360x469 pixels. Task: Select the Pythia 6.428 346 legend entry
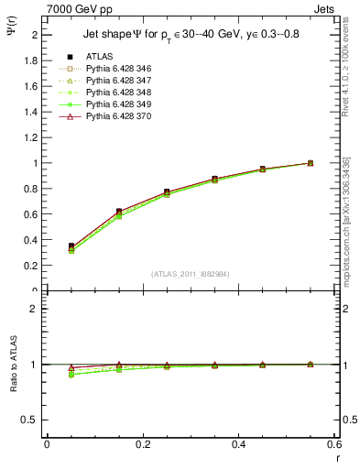click(x=115, y=69)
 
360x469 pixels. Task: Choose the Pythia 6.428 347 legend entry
click(x=115, y=81)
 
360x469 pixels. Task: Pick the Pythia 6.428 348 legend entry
click(x=115, y=93)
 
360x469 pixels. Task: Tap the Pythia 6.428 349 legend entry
click(x=115, y=104)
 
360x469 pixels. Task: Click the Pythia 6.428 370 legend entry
click(x=115, y=116)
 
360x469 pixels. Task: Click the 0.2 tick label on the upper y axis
click(x=32, y=266)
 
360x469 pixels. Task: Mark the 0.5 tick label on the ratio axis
click(x=32, y=420)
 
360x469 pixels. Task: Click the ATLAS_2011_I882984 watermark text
click(x=191, y=274)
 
